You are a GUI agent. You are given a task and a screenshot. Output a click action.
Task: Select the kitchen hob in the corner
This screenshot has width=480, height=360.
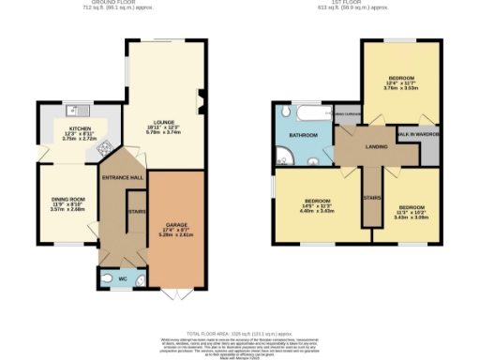point(105,147)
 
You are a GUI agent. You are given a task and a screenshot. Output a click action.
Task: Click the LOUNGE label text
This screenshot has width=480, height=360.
point(165,122)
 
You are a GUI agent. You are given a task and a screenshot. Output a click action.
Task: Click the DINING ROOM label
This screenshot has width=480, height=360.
point(67,199)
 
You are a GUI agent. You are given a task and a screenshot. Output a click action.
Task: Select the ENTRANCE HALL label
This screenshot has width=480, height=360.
point(123,177)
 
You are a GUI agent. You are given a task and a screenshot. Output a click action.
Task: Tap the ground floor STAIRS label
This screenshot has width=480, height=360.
point(134,212)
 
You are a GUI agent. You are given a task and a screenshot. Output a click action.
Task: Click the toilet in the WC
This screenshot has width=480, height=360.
point(105,278)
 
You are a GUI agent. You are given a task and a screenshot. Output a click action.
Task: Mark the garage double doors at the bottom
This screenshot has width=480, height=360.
point(171,294)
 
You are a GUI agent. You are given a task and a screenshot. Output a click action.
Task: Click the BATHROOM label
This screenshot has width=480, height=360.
point(303,136)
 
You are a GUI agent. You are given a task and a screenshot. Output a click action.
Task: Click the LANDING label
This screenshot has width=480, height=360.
point(378,146)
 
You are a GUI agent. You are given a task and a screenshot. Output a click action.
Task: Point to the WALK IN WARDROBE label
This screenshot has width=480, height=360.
point(421,134)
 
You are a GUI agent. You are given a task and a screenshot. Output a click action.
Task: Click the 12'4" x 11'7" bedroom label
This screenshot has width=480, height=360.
point(400,81)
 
